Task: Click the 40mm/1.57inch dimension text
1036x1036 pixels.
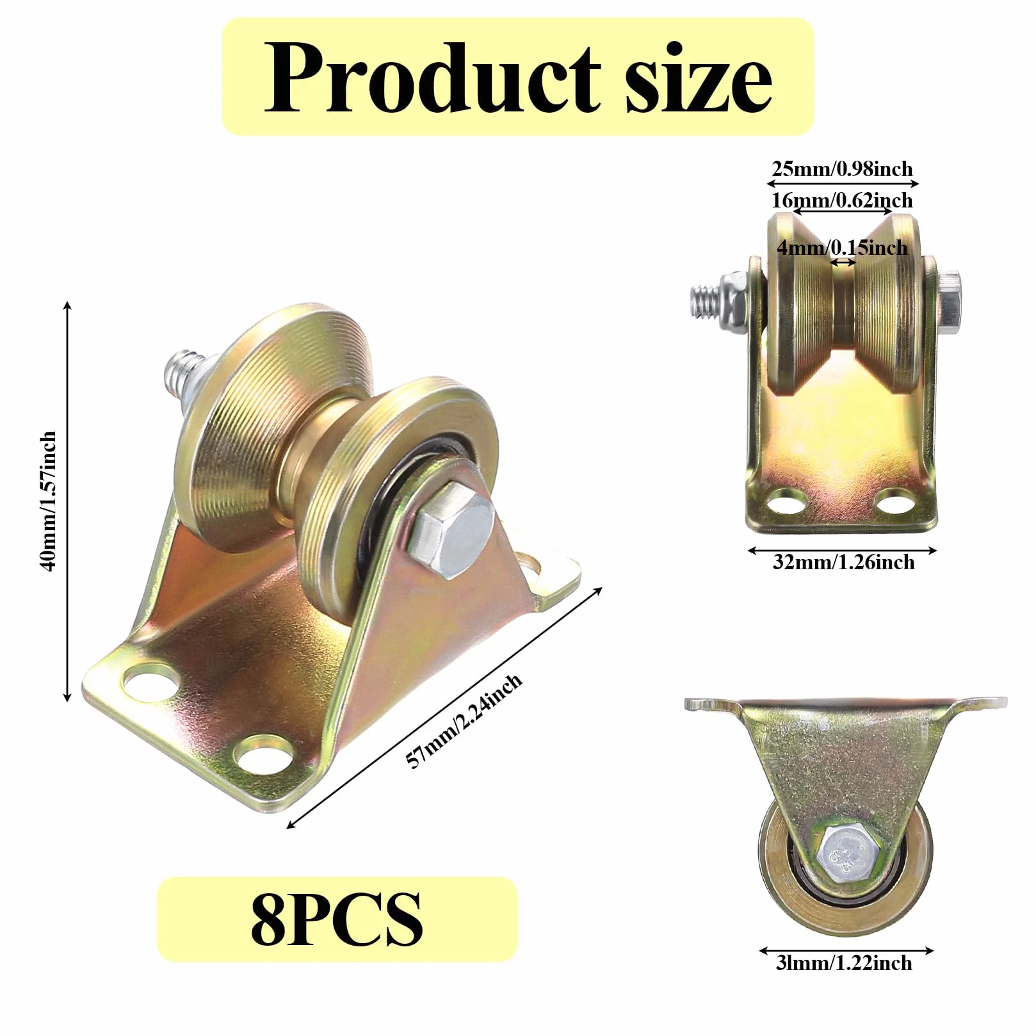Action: [49, 501]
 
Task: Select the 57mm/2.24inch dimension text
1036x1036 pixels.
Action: [465, 720]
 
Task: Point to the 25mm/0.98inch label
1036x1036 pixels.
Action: [842, 169]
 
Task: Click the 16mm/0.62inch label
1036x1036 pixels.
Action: [842, 200]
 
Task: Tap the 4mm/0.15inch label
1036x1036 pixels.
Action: [842, 247]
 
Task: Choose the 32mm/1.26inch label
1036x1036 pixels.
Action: [843, 562]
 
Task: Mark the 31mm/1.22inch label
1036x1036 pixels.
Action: [844, 963]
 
